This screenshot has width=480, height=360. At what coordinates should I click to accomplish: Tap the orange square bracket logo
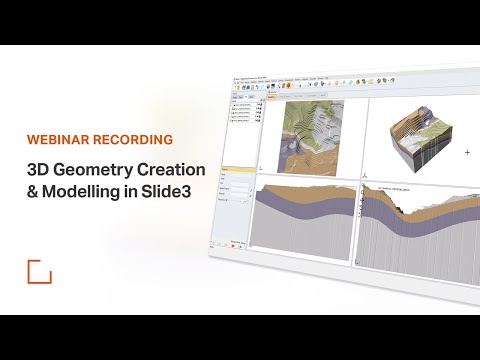[x=39, y=271]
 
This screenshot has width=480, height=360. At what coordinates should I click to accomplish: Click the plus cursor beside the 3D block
[x=467, y=152]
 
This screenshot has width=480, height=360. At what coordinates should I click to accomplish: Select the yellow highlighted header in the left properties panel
[x=238, y=168]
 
